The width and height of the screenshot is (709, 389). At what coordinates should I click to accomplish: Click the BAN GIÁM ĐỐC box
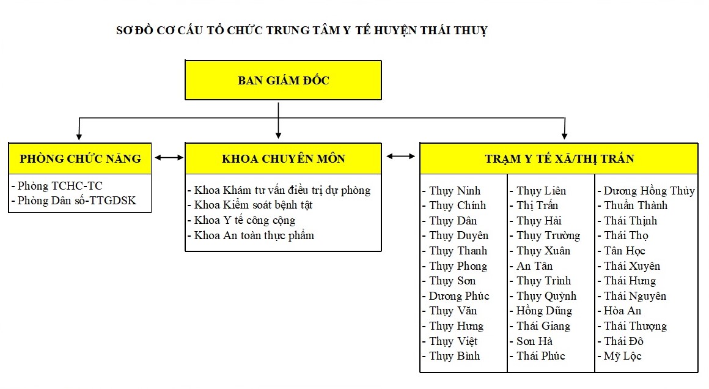pos(283,80)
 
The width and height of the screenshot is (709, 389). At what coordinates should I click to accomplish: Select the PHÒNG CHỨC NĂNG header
pos(80,159)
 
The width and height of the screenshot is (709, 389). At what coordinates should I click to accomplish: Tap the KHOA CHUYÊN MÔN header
pos(283,159)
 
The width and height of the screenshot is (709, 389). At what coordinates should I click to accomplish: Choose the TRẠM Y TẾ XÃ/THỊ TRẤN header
pos(559,159)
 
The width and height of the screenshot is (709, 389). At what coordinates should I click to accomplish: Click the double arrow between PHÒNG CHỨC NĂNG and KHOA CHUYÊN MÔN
pos(169,157)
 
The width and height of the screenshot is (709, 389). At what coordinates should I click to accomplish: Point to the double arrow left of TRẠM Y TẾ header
pos(400,156)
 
